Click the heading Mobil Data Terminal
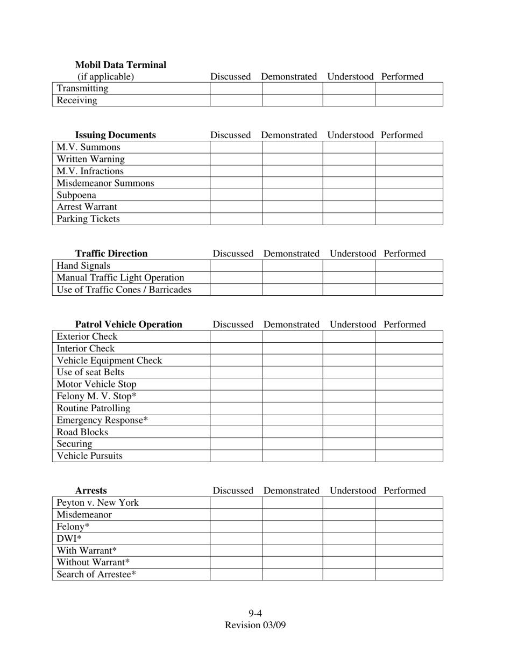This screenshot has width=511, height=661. (120, 65)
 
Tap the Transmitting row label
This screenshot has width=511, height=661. (82, 88)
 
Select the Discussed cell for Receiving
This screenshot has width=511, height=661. (236, 100)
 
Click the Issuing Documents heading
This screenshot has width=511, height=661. (115, 135)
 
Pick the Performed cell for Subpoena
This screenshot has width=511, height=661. (409, 195)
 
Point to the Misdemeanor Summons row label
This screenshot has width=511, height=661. (105, 183)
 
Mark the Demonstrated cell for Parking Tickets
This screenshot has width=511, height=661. (292, 219)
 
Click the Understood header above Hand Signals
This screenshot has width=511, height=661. (352, 253)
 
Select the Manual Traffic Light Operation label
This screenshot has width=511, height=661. (120, 277)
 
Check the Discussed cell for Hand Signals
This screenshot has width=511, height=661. (236, 265)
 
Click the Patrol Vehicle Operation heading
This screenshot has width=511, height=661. (129, 324)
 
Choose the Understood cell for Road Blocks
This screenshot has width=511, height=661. (349, 432)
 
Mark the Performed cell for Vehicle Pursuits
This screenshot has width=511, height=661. (409, 456)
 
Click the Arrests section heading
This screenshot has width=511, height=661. (91, 491)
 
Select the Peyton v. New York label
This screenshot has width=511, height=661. (98, 502)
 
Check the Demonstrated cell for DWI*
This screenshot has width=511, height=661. (292, 538)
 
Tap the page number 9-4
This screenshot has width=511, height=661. (255, 613)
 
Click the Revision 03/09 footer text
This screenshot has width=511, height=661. (255, 625)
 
